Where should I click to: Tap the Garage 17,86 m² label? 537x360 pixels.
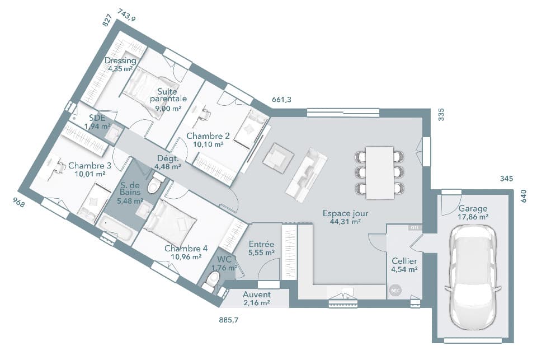(x=473, y=213)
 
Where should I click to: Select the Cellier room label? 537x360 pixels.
(x=404, y=265)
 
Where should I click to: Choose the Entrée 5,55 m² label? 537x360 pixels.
(x=261, y=249)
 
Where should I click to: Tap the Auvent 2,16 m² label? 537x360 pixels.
(x=257, y=298)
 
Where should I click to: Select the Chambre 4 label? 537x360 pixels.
(x=186, y=253)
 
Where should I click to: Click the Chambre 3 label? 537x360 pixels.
(x=89, y=170)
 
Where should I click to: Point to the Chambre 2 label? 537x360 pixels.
(x=208, y=140)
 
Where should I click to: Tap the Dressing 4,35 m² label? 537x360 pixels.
(x=120, y=64)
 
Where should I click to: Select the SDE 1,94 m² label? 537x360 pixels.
(x=97, y=121)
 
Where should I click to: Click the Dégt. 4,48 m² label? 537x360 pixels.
(x=168, y=162)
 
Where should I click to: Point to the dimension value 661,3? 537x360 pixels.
(x=281, y=100)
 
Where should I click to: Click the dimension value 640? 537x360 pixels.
(x=524, y=197)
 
